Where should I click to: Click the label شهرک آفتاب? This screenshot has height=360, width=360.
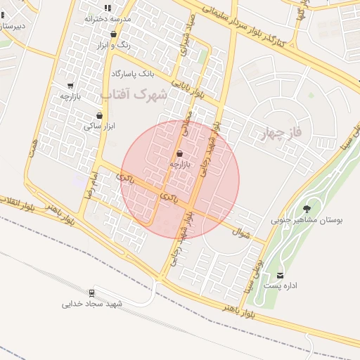134,94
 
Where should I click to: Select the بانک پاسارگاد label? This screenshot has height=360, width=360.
132,73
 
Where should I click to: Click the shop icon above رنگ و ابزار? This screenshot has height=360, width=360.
113,34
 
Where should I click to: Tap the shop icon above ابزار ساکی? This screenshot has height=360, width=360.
99,115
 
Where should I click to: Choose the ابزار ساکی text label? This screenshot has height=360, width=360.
99,127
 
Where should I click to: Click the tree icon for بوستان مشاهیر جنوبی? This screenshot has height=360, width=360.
307,208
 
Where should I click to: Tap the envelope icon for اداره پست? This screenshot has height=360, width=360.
281,275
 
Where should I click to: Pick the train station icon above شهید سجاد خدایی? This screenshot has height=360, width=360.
92,292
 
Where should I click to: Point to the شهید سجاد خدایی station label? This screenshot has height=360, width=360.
92,304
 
